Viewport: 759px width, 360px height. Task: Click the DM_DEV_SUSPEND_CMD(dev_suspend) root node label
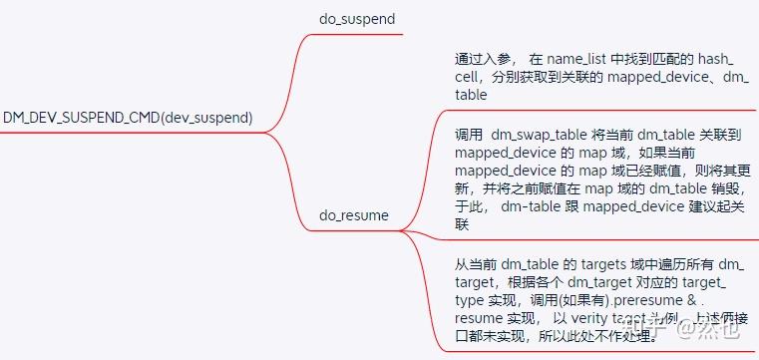(x=128, y=118)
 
